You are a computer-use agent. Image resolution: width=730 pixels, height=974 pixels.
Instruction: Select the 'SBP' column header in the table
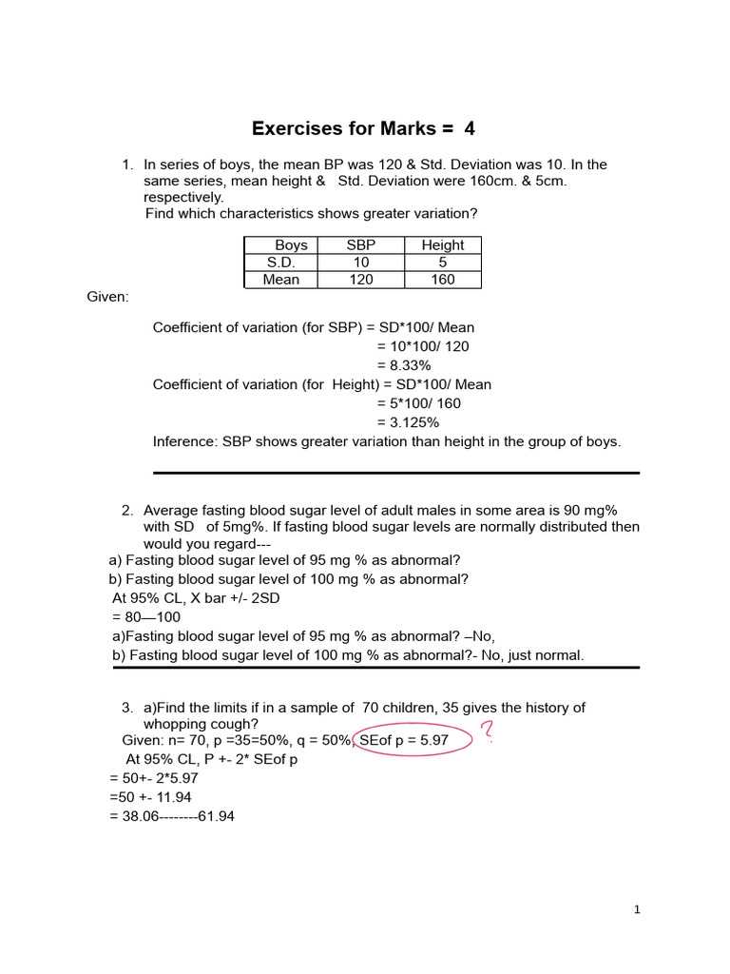pyautogui.click(x=361, y=245)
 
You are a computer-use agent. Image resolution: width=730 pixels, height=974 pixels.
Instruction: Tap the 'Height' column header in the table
pyautogui.click(x=443, y=245)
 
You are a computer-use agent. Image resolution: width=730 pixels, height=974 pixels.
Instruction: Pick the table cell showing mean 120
pyautogui.click(x=361, y=280)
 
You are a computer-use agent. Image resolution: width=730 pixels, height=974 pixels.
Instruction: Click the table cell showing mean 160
pyautogui.click(x=443, y=280)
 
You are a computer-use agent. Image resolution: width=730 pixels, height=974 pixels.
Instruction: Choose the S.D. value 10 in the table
pyautogui.click(x=361, y=263)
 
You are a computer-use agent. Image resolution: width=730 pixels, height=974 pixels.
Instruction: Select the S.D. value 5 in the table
pyautogui.click(x=443, y=263)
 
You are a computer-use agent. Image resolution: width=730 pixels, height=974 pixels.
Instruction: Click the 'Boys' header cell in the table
pyautogui.click(x=291, y=245)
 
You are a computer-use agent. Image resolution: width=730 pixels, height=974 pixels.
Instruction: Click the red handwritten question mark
pyautogui.click(x=488, y=732)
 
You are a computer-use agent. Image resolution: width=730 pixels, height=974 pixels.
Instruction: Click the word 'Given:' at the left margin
pyautogui.click(x=107, y=298)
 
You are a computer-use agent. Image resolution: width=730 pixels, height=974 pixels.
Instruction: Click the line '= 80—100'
pyautogui.click(x=145, y=617)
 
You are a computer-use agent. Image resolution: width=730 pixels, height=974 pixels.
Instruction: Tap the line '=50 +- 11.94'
pyautogui.click(x=151, y=797)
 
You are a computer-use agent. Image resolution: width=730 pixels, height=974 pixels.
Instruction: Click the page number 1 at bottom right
pyautogui.click(x=638, y=910)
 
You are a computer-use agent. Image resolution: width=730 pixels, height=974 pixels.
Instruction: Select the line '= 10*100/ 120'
pyautogui.click(x=423, y=346)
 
